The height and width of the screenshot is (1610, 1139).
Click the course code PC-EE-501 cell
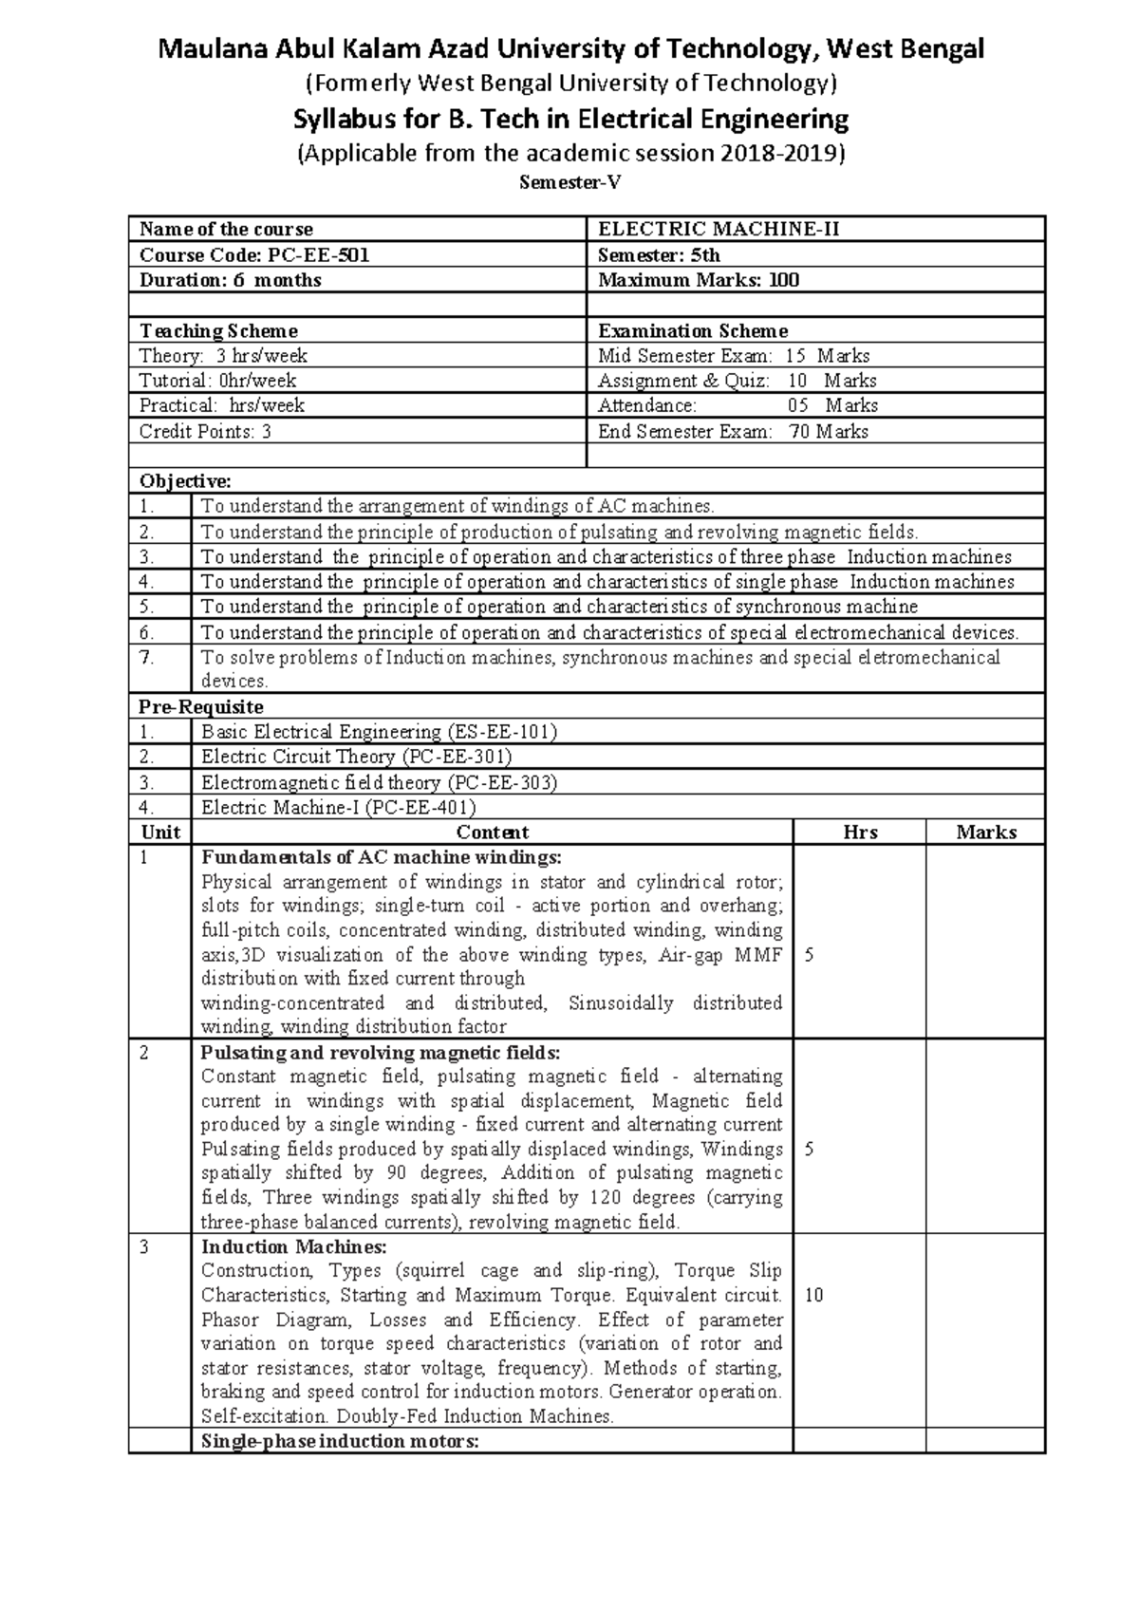(254, 254)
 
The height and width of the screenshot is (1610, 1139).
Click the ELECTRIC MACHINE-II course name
(718, 229)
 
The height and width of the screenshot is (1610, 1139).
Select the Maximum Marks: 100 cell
(699, 280)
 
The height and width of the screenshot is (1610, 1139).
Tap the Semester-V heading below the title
(569, 184)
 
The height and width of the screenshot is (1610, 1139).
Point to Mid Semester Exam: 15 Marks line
(733, 356)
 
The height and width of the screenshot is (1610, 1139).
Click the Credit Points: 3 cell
(205, 431)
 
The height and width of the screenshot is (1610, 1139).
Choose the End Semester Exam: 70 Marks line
(733, 431)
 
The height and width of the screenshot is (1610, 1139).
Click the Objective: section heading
(185, 481)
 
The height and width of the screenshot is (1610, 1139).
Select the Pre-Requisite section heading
(201, 707)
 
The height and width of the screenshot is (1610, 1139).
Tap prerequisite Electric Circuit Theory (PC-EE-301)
(356, 757)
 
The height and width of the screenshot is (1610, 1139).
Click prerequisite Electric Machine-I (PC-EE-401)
(338, 808)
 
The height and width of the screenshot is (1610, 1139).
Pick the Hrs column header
(860, 833)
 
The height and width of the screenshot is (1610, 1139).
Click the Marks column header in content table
(986, 833)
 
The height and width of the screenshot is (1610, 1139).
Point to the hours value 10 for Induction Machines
(813, 1295)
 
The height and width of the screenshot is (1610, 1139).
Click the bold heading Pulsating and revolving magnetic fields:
(381, 1053)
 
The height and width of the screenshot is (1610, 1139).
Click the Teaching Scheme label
(218, 331)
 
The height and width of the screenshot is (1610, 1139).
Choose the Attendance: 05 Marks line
(738, 405)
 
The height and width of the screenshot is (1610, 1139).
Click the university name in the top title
(570, 48)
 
